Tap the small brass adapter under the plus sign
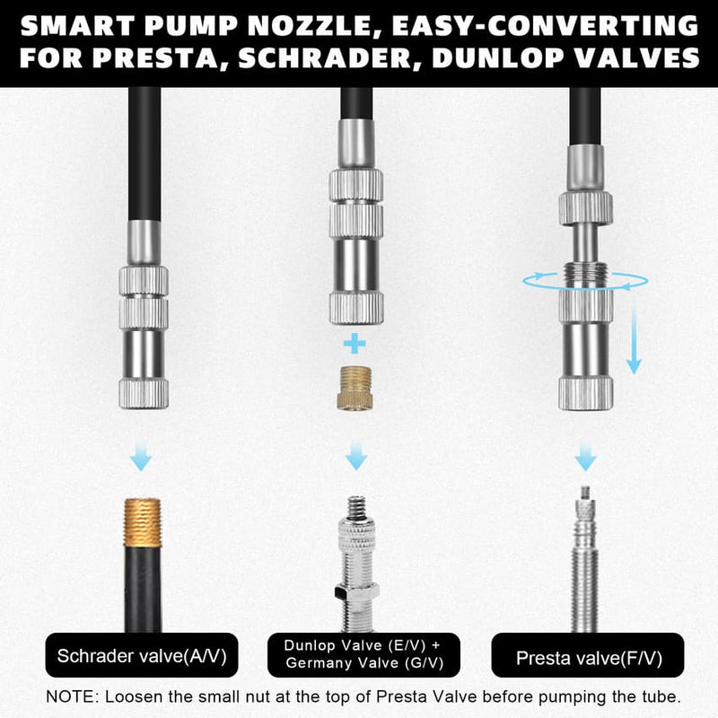356,387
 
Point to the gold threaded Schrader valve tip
143,522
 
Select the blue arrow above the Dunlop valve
356,456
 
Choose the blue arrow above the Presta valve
585,456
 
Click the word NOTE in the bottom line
74,696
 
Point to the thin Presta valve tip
585,497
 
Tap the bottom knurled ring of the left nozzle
143,391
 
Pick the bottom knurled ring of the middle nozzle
356,308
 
